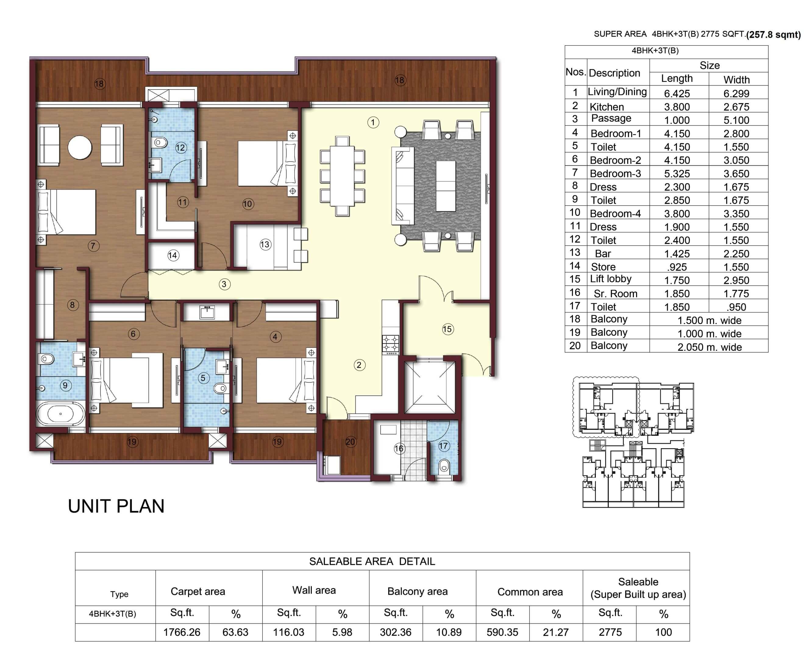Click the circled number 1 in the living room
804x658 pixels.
373,122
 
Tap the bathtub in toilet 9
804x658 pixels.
61,414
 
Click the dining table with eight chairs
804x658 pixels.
342,176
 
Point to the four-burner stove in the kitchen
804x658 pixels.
390,344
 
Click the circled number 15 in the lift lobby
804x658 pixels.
447,329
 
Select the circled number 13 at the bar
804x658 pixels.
265,245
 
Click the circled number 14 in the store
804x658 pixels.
173,255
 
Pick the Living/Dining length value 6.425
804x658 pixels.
677,93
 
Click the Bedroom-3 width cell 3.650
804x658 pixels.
736,174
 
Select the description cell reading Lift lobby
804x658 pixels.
610,279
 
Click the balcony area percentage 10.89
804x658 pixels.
449,632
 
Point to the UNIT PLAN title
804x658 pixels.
116,506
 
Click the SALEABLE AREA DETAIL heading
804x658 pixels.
372,561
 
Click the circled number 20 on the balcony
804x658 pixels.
350,442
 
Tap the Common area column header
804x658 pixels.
530,592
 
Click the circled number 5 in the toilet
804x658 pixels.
203,378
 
